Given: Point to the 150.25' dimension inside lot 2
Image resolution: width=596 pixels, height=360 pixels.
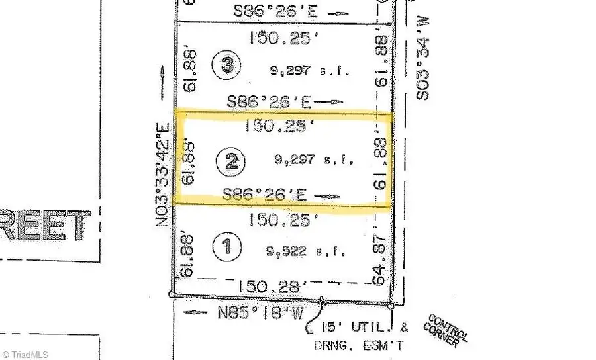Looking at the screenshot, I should [x=277, y=126].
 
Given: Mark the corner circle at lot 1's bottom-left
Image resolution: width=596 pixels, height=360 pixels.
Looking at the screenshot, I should [x=172, y=294].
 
